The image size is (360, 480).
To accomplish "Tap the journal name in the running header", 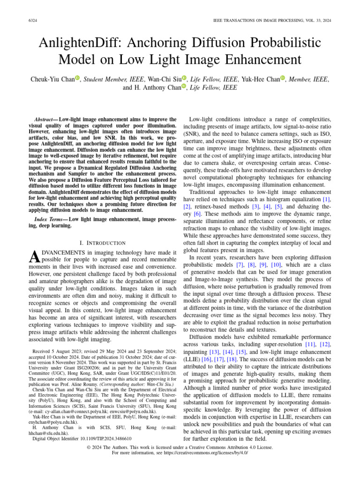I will [272, 21].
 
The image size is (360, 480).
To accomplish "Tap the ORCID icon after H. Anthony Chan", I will [184, 87].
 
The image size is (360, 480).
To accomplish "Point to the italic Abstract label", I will [45, 120].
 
